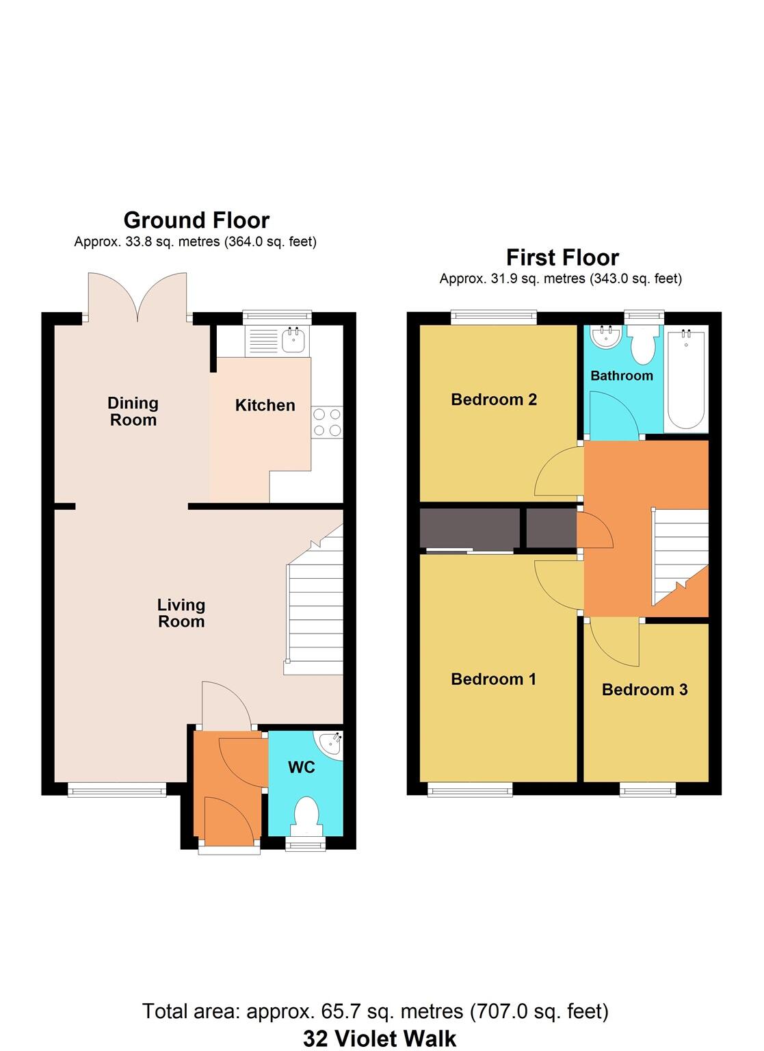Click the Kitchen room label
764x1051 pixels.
tap(265, 405)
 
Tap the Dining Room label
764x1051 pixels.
tap(133, 412)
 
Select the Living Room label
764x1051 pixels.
tap(181, 613)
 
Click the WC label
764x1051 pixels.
tap(301, 767)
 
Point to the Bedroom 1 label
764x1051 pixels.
tap(493, 679)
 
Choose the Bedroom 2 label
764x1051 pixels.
tap(493, 400)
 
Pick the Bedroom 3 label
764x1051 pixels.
tap(644, 690)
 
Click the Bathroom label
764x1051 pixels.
tap(621, 376)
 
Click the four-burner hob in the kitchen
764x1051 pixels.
tap(327, 422)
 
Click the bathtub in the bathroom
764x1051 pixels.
tap(686, 380)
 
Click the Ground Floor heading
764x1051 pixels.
tap(196, 220)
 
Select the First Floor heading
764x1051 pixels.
tap(562, 257)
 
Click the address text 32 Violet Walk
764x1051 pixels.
tap(380, 1039)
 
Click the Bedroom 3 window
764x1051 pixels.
tap(648, 790)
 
